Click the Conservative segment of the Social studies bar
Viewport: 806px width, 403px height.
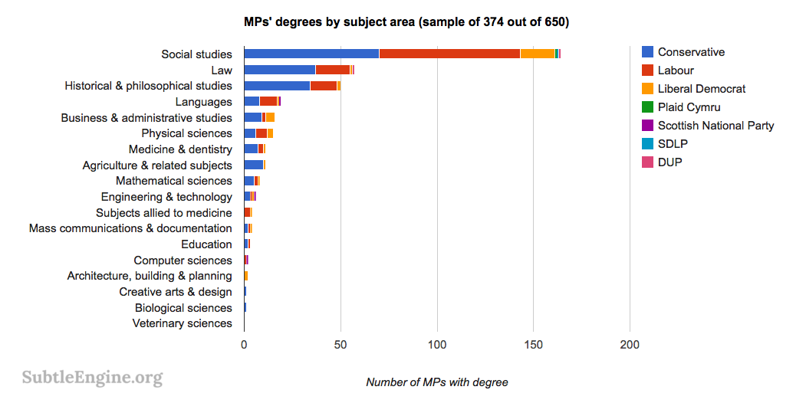click(311, 54)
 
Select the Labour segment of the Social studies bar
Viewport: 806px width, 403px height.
click(449, 54)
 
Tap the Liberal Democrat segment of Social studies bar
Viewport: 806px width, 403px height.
click(537, 54)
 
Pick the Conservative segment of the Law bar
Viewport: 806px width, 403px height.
click(279, 70)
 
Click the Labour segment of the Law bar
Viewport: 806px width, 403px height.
click(332, 70)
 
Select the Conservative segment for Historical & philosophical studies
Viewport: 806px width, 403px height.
click(277, 86)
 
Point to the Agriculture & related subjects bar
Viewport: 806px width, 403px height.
click(254, 165)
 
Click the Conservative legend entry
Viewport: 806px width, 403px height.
click(691, 52)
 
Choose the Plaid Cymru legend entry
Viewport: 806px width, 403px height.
click(689, 107)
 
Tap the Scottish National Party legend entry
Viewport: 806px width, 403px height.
click(716, 126)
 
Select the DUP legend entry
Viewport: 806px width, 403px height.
click(669, 162)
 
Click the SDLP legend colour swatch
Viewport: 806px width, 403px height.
click(647, 144)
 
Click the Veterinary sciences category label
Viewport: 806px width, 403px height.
click(182, 323)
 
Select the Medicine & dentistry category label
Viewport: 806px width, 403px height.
click(180, 149)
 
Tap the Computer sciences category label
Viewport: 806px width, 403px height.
click(183, 260)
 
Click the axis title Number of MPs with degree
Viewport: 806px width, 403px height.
click(436, 382)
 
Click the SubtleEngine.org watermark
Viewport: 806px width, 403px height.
click(92, 377)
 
